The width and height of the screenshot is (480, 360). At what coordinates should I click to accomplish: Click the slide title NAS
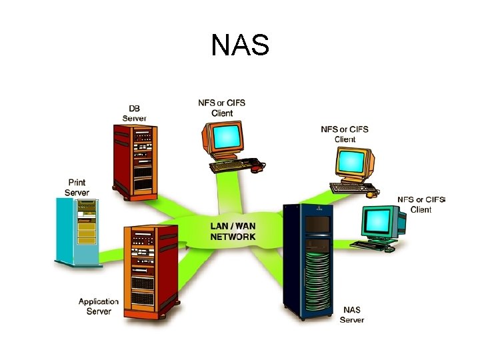240,45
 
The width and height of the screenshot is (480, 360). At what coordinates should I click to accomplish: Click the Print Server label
77,187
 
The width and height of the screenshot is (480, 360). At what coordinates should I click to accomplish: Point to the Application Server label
99,307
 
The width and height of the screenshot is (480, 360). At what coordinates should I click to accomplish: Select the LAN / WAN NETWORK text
233,231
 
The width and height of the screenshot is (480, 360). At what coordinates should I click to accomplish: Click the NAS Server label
351,315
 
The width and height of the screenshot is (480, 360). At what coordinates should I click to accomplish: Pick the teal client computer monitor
381,221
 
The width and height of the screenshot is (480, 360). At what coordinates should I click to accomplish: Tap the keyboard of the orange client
230,165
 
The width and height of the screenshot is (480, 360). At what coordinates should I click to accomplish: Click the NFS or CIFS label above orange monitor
221,108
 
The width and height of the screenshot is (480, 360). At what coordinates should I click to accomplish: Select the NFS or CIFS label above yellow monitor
345,134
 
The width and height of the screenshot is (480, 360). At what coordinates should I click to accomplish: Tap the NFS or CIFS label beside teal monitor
421,204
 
